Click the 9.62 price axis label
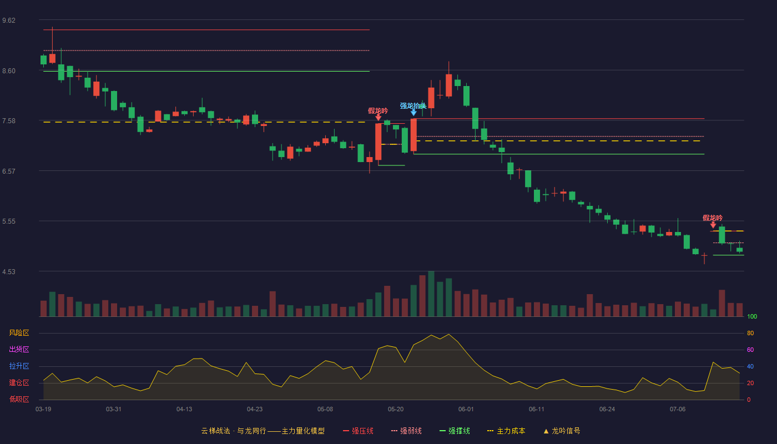9,21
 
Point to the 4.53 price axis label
9,272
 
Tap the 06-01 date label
466,410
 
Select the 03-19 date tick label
43,410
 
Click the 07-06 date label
678,410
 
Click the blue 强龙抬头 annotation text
413,106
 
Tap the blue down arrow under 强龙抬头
413,113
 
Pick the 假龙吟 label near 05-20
378,111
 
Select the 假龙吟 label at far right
713,218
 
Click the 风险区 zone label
19,333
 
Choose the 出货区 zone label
19,349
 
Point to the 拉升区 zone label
19,366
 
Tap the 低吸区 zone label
19,399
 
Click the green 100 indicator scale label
752,316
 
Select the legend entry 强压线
358,431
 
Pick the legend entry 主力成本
506,431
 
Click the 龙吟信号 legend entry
562,431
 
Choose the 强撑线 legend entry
455,431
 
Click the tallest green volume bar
431,294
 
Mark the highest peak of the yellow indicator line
449,334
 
